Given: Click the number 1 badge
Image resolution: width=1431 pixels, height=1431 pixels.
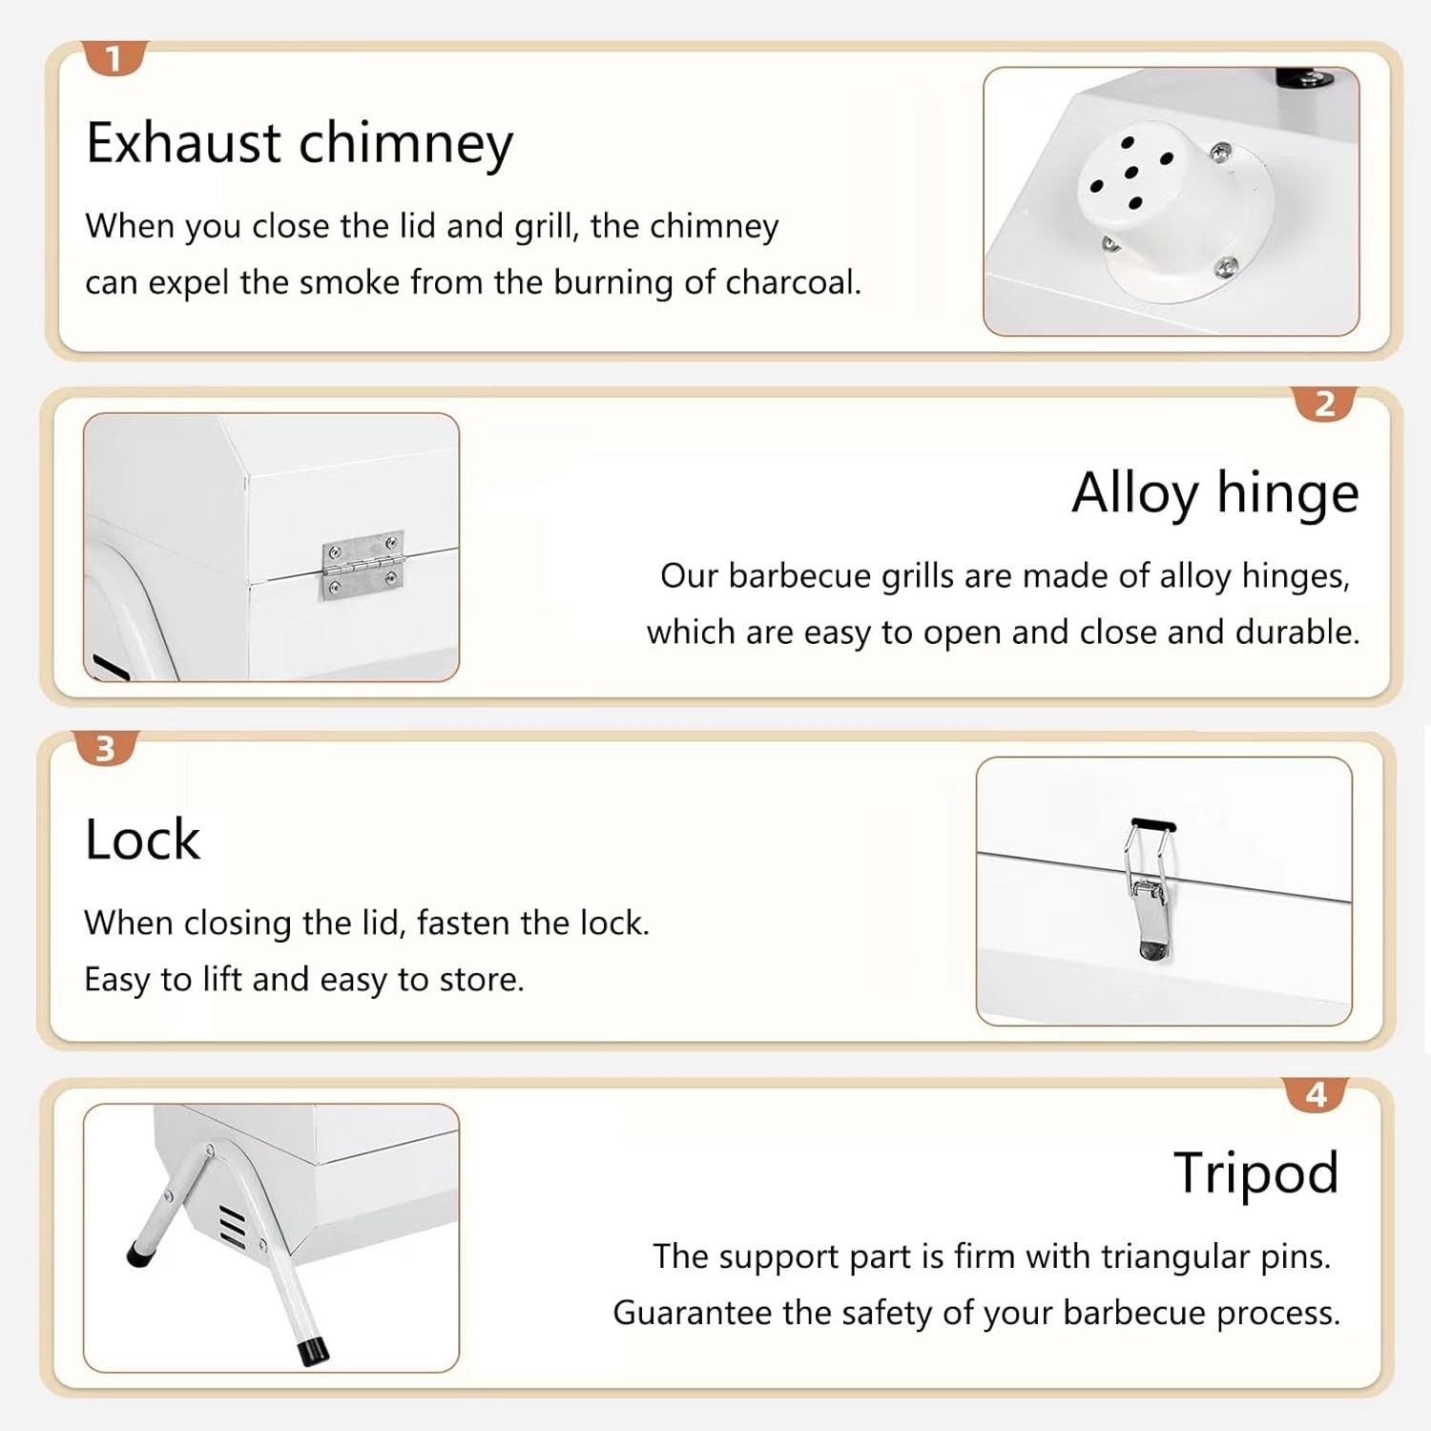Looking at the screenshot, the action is click(114, 58).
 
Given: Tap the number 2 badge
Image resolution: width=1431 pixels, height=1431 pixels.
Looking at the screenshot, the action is click(1324, 404).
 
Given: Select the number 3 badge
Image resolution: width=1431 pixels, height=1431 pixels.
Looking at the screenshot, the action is click(105, 748).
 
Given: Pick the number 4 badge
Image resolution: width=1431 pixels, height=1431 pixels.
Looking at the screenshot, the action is click(1317, 1094).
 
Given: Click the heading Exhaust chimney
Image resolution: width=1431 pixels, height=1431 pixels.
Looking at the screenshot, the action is click(300, 143).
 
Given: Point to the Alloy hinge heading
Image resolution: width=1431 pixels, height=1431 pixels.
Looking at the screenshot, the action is click(1215, 493).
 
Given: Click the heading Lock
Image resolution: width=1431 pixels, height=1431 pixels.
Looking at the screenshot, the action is click(143, 840).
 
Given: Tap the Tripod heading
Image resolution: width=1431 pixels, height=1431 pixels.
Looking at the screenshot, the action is click(1256, 1173).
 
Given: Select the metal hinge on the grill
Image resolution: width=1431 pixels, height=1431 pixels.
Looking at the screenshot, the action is click(363, 565).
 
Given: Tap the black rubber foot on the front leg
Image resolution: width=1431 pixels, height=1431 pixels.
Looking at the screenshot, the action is click(311, 1351).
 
